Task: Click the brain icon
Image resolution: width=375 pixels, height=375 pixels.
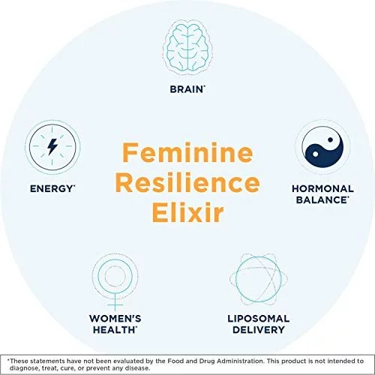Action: coord(187,47)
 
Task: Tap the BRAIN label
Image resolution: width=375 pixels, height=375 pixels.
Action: coord(187,89)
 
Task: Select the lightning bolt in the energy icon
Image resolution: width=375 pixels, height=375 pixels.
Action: coord(52,146)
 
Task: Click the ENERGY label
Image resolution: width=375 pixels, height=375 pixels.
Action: coord(52,189)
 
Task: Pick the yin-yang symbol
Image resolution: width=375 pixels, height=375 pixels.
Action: coord(322,146)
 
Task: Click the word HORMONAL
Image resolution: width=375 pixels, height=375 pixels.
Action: coord(322,189)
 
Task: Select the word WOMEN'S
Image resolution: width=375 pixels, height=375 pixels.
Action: coord(115,319)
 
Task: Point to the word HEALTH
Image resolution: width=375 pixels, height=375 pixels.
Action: coord(114,330)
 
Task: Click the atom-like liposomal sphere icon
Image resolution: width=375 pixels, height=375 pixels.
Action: coord(259,279)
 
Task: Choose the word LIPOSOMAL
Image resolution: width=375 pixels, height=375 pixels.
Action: coord(259,319)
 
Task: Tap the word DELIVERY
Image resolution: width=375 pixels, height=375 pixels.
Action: coord(259,330)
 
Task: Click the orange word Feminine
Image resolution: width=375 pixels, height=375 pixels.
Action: coord(187,152)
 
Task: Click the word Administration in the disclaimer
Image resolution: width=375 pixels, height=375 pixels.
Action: coord(240,361)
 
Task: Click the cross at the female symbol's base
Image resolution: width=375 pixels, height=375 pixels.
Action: coord(115,304)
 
